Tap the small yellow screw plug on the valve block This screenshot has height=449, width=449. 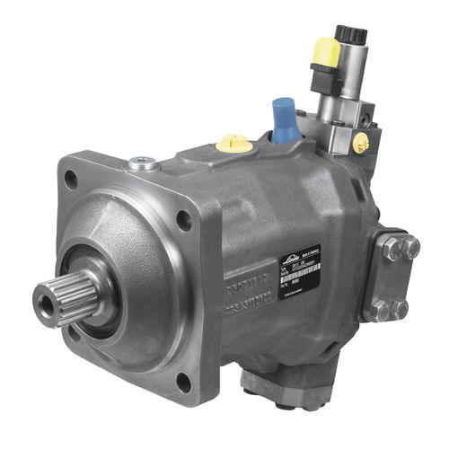(x=361, y=142)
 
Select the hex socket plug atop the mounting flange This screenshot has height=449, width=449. (x=143, y=163)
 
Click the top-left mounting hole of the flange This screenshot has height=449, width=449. (x=70, y=180)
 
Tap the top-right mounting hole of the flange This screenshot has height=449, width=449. (x=183, y=217)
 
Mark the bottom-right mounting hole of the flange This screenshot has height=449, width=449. (x=183, y=381)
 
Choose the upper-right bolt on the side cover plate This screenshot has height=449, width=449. (x=409, y=249)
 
